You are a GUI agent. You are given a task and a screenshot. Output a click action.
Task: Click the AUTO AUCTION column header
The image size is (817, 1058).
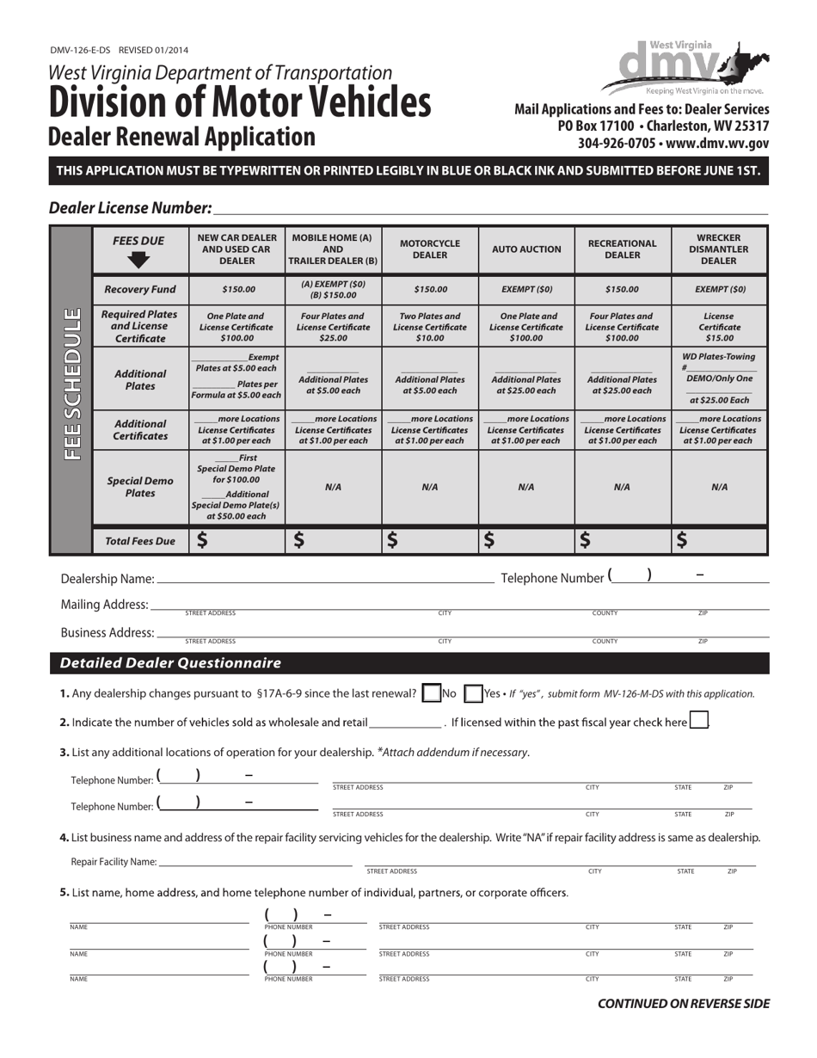[526, 249]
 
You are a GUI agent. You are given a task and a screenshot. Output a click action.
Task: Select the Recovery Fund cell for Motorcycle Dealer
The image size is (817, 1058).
[430, 290]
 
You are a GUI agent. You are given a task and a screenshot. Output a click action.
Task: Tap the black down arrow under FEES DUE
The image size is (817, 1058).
[140, 259]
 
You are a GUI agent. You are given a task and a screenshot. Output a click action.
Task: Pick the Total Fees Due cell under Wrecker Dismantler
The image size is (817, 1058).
[719, 540]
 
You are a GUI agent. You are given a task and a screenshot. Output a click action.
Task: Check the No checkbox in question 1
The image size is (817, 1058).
[432, 693]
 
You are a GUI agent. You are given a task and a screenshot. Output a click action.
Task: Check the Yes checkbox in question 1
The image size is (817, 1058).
[473, 693]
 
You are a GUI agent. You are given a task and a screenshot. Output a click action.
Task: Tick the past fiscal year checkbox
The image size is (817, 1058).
[699, 721]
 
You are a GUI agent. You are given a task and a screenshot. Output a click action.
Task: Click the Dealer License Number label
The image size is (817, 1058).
[130, 207]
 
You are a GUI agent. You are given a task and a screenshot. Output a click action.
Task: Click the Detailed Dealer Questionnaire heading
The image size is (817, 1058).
[170, 663]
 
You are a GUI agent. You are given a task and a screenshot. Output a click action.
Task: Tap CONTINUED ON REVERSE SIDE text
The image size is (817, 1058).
[684, 1003]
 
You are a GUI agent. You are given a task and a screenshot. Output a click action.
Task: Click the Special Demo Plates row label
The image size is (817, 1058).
[140, 487]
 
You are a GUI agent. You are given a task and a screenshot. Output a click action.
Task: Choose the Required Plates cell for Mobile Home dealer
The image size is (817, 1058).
[333, 327]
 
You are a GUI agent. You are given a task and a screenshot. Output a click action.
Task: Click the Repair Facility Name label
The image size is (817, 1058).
[114, 861]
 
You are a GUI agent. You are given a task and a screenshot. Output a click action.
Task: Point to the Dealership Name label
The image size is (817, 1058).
[107, 579]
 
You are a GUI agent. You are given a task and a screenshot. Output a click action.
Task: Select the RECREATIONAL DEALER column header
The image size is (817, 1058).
[622, 249]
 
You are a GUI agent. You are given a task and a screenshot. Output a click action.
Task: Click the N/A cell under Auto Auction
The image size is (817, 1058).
[526, 487]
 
